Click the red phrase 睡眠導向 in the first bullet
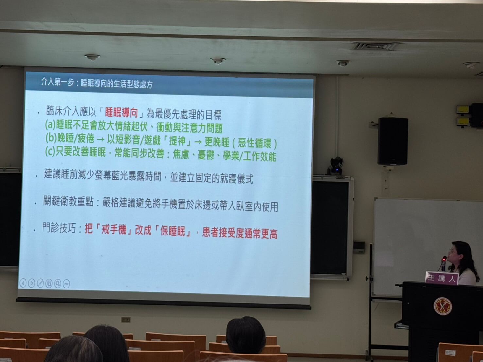tap(121, 113)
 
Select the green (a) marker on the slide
tap(50, 124)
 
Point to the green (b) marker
tap(51, 138)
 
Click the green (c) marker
tap(50, 152)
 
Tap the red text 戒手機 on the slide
tap(114, 230)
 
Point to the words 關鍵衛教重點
tap(68, 201)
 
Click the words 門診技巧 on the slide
tap(59, 228)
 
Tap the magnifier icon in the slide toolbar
tap(58, 284)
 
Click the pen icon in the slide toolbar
tap(40, 283)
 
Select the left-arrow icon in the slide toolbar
tap(23, 283)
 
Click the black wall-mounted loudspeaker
tap(393, 141)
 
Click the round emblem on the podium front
tap(443, 306)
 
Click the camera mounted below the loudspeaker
tap(336, 165)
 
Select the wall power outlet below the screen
tap(126, 320)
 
